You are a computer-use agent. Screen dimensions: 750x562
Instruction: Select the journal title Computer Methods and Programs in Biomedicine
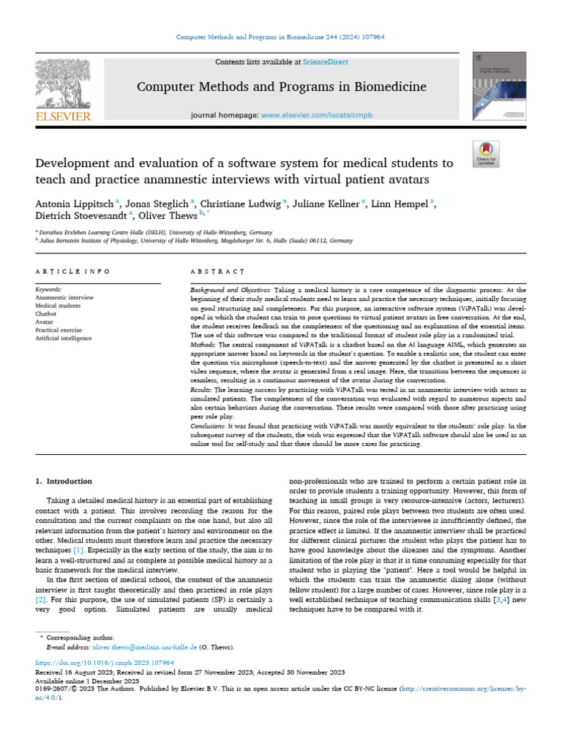pyautogui.click(x=282, y=87)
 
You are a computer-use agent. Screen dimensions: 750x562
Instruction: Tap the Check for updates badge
pyautogui.click(x=486, y=155)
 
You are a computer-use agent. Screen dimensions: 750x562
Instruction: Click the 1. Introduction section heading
pyautogui.click(x=64, y=481)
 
